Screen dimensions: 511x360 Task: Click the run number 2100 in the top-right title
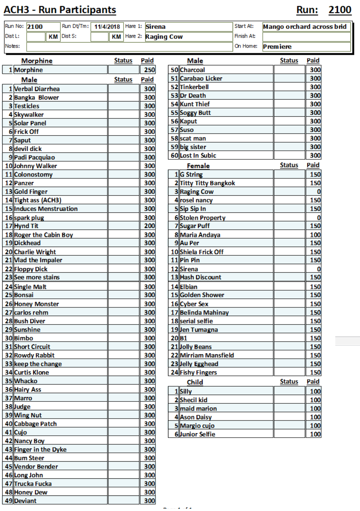(340, 10)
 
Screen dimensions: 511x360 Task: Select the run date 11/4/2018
(107, 27)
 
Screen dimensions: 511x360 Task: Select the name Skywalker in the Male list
(29, 115)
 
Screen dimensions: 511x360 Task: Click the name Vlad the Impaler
(38, 260)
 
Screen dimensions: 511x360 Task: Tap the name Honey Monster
(36, 304)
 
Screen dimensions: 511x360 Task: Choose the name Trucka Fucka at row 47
(33, 484)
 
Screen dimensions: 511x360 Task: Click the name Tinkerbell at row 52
(194, 87)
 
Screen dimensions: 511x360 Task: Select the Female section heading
(198, 166)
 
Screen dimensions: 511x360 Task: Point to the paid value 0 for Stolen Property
(319, 218)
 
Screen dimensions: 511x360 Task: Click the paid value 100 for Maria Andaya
(315, 235)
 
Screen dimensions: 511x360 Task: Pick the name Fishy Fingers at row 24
(198, 373)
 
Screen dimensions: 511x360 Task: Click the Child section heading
(195, 382)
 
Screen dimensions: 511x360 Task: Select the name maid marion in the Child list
(198, 409)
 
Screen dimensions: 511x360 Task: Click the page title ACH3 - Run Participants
(60, 10)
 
